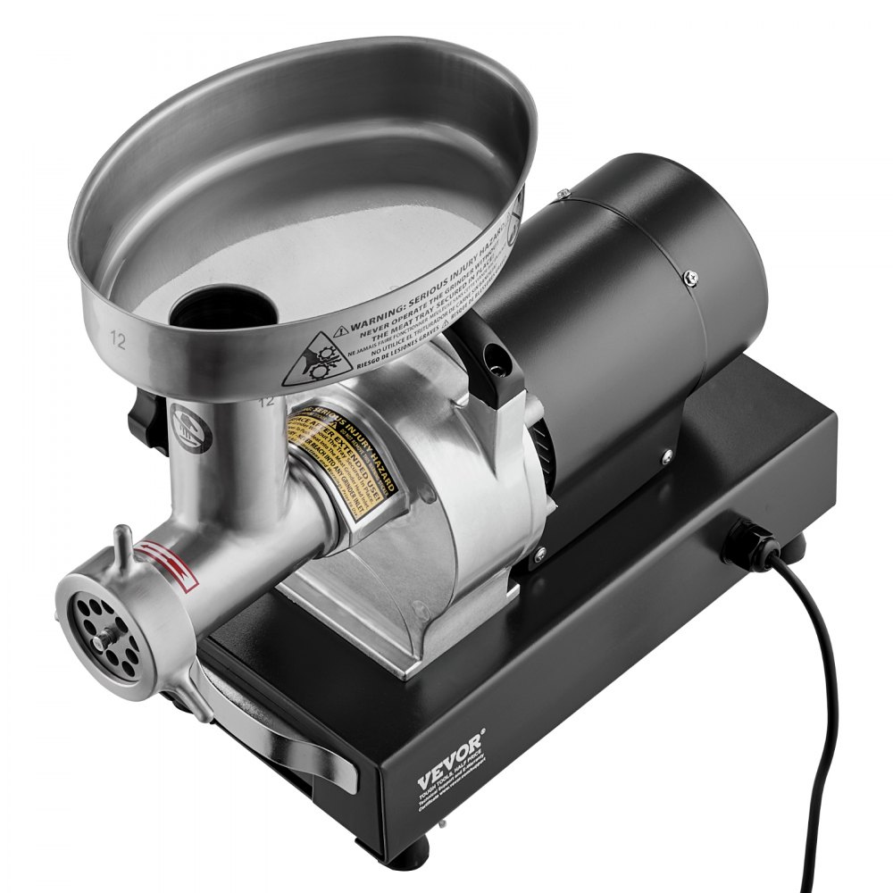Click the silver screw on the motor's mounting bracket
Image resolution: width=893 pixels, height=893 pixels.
(665, 458)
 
